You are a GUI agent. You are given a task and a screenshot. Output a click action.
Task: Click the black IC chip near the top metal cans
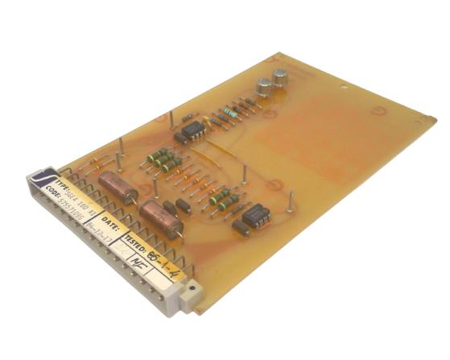tap(192, 130)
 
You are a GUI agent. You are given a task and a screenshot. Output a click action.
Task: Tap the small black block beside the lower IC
tap(241, 229)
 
